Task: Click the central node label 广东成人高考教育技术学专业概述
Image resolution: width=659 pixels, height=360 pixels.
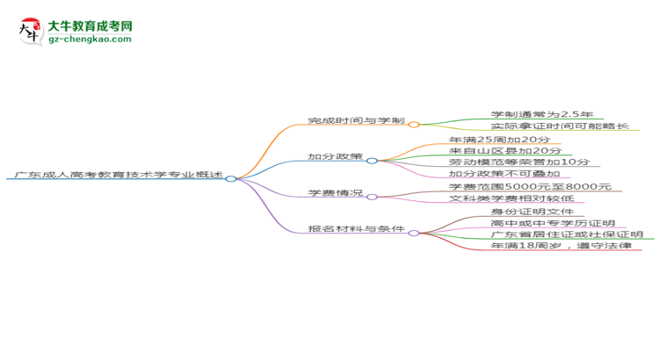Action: pyautogui.click(x=119, y=175)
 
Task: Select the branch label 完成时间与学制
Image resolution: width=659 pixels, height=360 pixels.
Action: pyautogui.click(x=356, y=120)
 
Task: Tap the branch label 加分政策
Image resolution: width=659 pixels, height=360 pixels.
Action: pyautogui.click(x=335, y=156)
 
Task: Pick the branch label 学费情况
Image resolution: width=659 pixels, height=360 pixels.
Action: pyautogui.click(x=335, y=193)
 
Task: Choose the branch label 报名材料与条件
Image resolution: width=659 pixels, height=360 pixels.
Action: pyautogui.click(x=356, y=229)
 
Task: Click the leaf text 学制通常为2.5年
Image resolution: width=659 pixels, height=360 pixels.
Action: pyautogui.click(x=542, y=114)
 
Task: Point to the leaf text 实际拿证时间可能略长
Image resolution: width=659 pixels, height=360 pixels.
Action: pyautogui.click(x=560, y=126)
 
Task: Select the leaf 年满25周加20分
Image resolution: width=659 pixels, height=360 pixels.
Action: pyautogui.click(x=499, y=140)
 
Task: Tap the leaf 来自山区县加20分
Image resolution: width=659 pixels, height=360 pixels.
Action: pyautogui.click(x=505, y=151)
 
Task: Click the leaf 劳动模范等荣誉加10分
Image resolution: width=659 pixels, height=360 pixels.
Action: pyautogui.click(x=519, y=162)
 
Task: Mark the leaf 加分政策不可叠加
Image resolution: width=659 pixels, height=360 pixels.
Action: pyautogui.click(x=504, y=174)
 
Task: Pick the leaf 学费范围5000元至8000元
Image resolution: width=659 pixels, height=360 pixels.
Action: pyautogui.click(x=530, y=186)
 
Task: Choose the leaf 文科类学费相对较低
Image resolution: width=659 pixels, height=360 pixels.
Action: pyautogui.click(x=511, y=198)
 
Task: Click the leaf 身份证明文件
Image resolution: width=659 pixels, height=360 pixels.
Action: pyautogui.click(x=532, y=212)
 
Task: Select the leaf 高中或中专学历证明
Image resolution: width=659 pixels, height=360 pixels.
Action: pyautogui.click(x=553, y=223)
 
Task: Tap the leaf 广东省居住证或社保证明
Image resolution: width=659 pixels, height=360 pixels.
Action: pyautogui.click(x=567, y=234)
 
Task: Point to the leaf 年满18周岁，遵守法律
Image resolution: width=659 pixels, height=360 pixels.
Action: pyautogui.click(x=561, y=246)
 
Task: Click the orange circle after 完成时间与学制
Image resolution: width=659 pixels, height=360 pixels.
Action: pyautogui.click(x=414, y=125)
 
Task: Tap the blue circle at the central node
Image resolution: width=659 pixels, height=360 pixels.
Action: pyautogui.click(x=231, y=178)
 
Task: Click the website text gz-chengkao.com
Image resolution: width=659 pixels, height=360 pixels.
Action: pyautogui.click(x=90, y=39)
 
